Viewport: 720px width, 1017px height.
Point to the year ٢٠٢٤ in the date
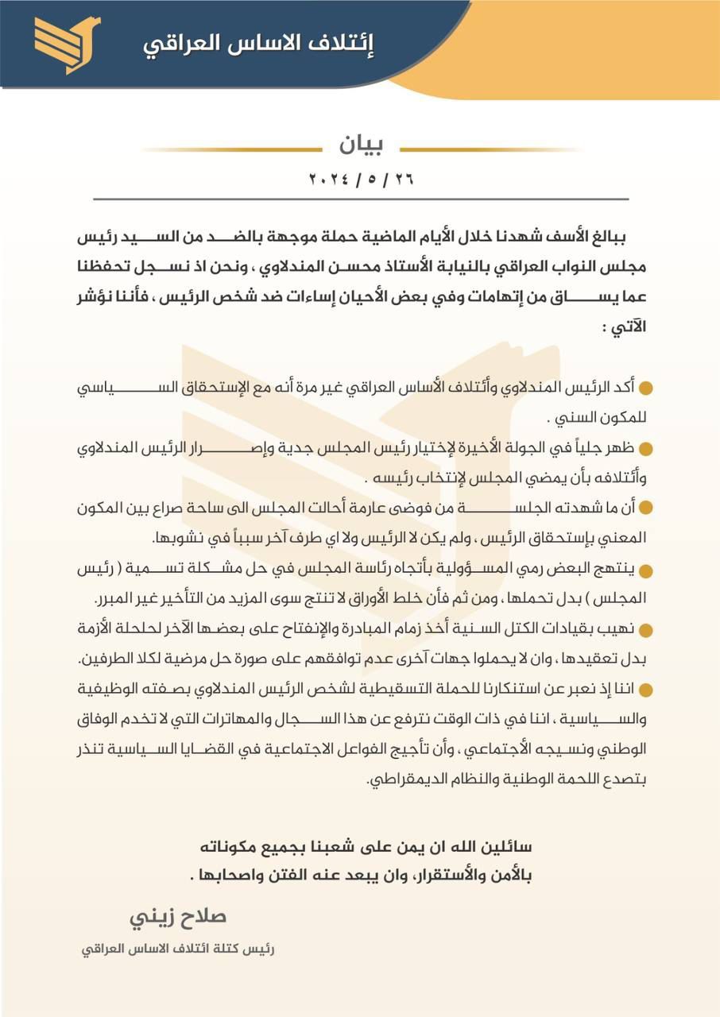coord(328,179)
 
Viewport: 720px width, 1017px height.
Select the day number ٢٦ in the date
coord(403,179)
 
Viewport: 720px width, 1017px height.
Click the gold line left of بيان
coord(230,149)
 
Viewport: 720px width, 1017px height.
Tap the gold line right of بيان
coord(489,149)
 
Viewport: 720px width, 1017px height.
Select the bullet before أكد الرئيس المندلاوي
coord(646,388)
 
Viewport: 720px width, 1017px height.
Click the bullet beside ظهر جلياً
coord(646,449)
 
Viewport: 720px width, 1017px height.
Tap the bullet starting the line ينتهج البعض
coord(646,571)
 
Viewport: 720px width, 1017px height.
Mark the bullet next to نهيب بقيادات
coord(646,631)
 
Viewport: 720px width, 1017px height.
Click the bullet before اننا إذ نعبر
coord(646,690)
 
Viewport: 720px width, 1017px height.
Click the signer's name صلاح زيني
coord(179,916)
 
